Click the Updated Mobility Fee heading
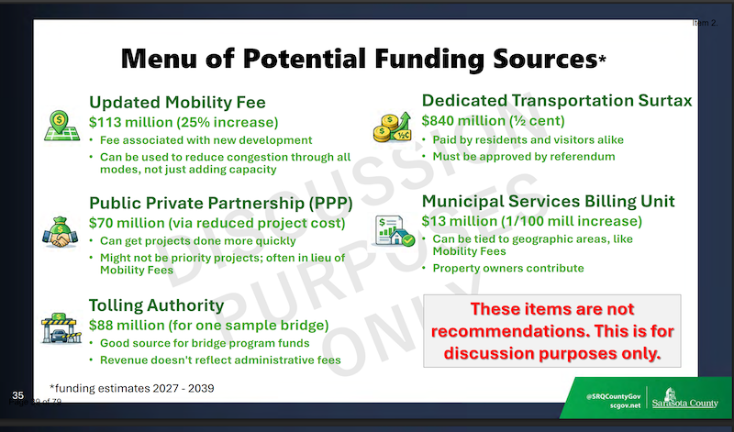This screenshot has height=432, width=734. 177,103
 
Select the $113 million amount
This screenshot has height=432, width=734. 131,122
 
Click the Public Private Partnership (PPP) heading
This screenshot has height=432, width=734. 221,204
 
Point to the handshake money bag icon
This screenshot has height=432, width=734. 61,232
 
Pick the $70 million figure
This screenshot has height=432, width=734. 127,223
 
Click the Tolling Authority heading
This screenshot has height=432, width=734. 156,305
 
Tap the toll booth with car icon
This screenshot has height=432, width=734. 61,328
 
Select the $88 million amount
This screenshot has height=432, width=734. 127,326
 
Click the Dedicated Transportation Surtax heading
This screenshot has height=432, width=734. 557,101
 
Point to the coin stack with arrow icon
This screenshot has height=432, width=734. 393,127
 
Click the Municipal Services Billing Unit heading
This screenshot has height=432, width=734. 548,201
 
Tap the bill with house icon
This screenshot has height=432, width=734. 395,230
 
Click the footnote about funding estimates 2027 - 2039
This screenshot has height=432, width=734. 132,389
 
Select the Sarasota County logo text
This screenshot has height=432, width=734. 684,403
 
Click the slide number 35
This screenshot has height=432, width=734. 17,395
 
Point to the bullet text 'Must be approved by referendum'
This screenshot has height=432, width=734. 524,157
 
